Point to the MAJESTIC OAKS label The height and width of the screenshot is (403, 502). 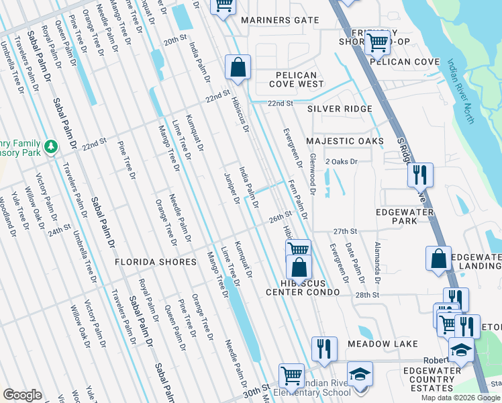345,141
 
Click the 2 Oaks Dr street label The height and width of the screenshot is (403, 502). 342,162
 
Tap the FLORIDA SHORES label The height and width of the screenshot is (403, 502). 155,261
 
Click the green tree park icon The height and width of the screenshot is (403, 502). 50,146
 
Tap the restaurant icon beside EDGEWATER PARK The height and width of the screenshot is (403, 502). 420,174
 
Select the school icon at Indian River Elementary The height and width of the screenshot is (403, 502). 360,373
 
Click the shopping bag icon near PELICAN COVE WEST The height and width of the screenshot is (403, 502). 238,66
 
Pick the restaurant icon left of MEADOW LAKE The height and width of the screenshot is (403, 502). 324,348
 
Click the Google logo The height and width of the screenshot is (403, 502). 22,395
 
